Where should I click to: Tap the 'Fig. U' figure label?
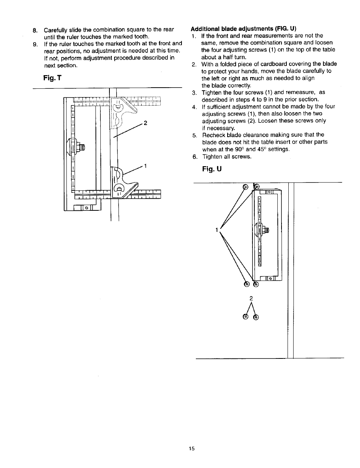coord(211,169)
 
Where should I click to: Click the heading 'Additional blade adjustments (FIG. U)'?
coord(243,28)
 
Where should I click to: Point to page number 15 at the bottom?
coord(192,449)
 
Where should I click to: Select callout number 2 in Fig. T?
coord(145,123)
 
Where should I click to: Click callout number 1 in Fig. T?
coord(145,166)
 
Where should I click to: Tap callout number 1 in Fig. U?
coord(217,229)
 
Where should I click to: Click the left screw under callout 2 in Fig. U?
coord(246,317)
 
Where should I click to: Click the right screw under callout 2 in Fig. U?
coord(257,317)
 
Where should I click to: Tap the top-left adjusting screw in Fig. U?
coord(245,186)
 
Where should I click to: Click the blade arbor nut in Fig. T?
coord(80,147)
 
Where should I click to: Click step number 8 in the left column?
coord(35,30)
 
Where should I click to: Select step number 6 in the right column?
coord(194,156)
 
